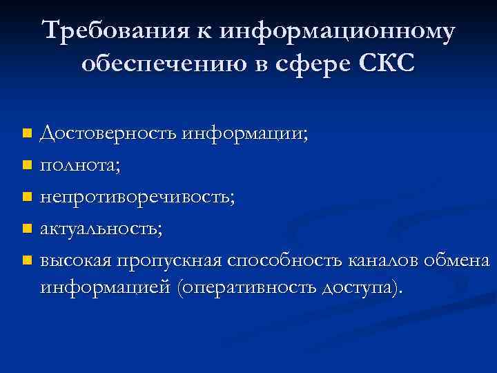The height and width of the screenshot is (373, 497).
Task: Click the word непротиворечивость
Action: click(x=137, y=197)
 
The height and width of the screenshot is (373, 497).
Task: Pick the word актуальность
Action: click(x=101, y=229)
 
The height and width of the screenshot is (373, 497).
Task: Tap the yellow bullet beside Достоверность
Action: click(x=26, y=132)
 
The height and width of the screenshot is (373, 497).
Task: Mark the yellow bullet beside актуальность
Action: click(x=26, y=229)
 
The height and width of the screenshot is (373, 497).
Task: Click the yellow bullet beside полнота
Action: click(x=26, y=164)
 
